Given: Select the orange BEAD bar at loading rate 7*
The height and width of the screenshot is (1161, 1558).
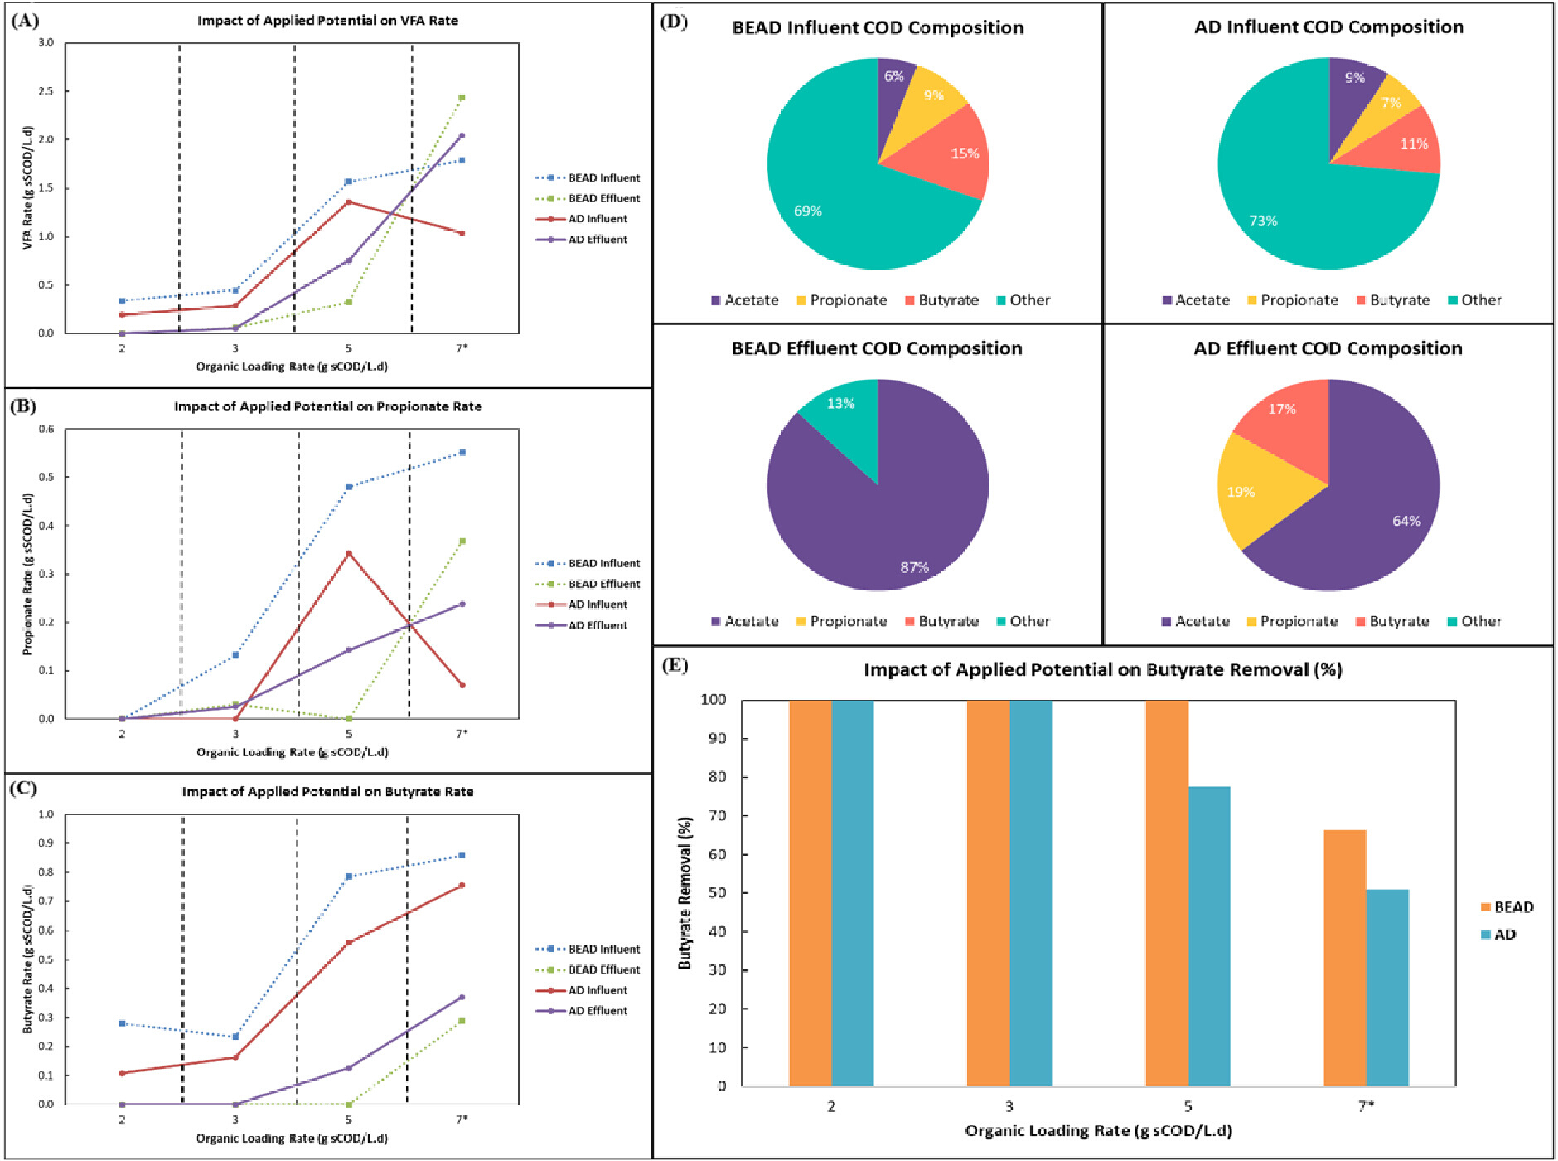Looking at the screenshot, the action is (1345, 958).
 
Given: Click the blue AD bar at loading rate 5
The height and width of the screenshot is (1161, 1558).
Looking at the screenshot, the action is (1209, 936).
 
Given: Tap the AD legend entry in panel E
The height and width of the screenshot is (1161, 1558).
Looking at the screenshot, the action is (1498, 935).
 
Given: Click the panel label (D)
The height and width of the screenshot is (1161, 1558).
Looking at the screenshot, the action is (674, 22).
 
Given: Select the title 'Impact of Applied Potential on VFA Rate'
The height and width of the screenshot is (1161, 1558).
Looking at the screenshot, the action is (327, 20).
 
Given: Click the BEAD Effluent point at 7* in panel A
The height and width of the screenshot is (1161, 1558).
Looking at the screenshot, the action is (462, 98).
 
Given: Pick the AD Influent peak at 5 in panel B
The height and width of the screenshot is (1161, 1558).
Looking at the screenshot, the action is (349, 553).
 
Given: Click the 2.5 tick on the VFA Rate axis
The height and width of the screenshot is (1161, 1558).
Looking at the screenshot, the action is (46, 91).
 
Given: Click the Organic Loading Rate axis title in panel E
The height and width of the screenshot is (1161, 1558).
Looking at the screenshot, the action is (1098, 1130).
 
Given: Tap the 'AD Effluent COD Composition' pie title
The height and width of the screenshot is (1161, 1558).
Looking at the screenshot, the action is (1328, 348).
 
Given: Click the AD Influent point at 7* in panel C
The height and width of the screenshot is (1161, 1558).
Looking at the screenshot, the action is (462, 886).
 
